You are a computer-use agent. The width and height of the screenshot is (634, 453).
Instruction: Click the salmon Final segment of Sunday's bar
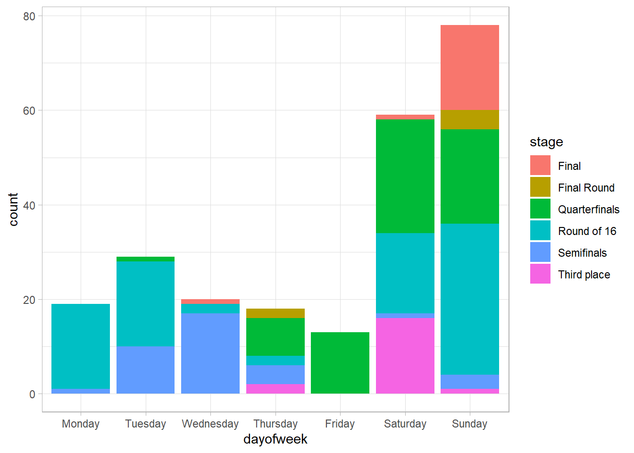pos(469,67)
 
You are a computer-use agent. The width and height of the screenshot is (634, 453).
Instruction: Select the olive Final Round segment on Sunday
pos(469,120)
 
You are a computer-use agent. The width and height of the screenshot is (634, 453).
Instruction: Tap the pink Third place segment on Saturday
pos(405,355)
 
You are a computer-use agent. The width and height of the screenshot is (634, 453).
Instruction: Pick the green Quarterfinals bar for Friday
pos(340,362)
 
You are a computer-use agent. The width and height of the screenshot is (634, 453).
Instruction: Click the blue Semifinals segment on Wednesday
pos(210,353)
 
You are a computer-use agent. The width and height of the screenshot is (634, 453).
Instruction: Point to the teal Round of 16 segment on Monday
pos(81,346)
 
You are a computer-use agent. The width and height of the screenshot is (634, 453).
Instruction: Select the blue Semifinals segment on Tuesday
pos(145,369)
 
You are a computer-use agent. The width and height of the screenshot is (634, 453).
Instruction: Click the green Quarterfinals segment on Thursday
pos(275,336)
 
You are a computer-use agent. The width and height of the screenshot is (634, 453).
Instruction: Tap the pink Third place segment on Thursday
pos(275,388)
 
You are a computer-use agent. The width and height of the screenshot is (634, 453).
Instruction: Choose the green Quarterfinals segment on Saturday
pos(405,176)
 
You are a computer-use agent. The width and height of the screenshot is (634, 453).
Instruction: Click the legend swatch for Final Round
pos(540,187)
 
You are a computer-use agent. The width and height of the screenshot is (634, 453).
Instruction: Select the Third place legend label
pos(584,275)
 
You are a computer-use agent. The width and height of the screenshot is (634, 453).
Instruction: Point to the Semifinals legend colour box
pos(540,252)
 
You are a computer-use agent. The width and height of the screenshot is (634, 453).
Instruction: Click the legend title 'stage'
pos(546,142)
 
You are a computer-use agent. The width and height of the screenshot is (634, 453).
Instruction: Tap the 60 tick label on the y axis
pos(29,111)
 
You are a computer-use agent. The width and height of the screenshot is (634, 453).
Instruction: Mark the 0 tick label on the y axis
pos(32,394)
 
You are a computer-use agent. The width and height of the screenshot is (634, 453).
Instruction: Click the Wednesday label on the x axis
pos(210,424)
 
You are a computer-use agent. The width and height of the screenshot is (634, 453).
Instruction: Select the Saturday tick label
pos(405,424)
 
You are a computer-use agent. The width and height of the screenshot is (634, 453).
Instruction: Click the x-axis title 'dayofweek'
pos(275,439)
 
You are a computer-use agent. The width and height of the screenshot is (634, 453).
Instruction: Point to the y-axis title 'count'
pos(13,209)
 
